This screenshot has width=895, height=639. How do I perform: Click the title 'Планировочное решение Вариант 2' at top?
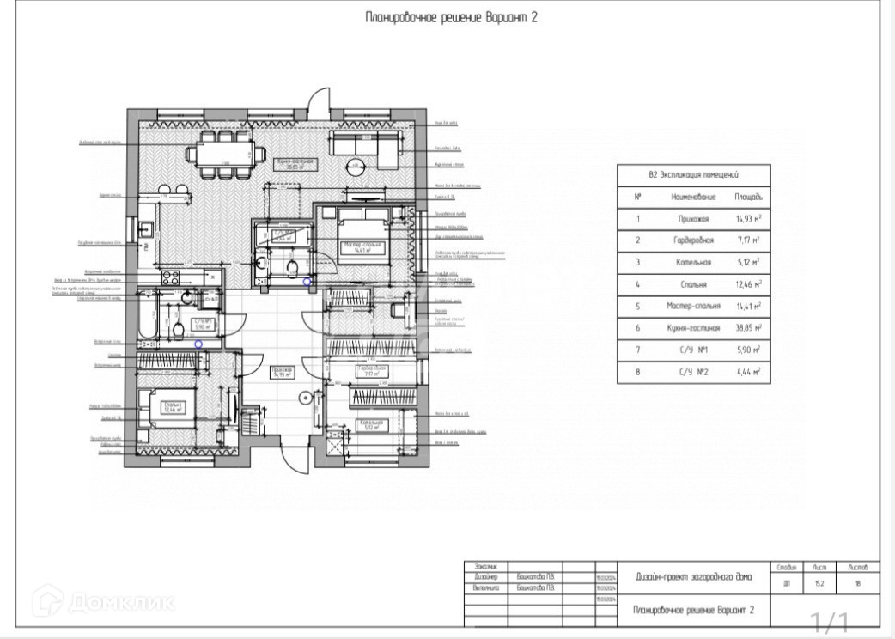(x=451, y=17)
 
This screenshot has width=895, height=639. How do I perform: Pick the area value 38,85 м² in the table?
(x=747, y=327)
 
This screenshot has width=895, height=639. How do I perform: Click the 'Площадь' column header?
(x=747, y=197)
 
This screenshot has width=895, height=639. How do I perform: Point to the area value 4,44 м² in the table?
(x=747, y=371)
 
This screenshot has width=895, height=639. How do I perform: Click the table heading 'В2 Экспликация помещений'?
(x=693, y=174)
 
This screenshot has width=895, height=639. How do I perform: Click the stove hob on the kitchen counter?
(x=170, y=277)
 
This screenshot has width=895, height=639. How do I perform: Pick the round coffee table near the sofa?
(x=356, y=167)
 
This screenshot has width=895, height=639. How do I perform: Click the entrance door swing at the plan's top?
(x=319, y=100)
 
